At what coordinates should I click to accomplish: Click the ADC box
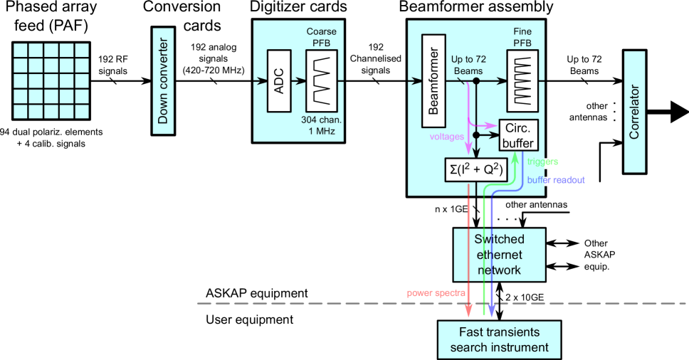coord(279,81)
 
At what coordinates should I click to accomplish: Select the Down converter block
coord(163,81)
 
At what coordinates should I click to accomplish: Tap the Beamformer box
coord(433,81)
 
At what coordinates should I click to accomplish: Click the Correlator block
coord(634,112)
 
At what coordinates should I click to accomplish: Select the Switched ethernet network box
coord(499,255)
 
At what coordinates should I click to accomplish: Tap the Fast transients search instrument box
coord(499,339)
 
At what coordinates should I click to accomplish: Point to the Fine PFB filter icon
coord(523,81)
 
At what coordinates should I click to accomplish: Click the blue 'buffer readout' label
coord(556,181)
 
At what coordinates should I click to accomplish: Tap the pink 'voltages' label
coord(446,137)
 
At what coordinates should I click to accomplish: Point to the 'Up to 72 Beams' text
coord(468,66)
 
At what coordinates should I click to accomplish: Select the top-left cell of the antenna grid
coord(21,51)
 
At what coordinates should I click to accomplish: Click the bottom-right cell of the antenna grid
coord(82,111)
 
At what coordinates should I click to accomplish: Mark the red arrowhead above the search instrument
coord(468,312)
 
